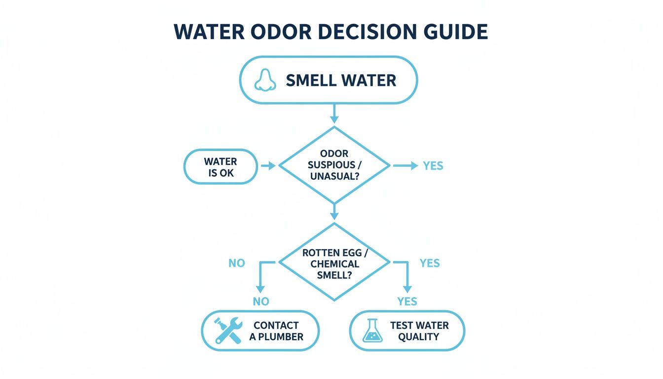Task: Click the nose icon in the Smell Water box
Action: pyautogui.click(x=263, y=80)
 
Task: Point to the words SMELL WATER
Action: pyautogui.click(x=341, y=80)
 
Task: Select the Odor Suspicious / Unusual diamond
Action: pyautogui.click(x=334, y=165)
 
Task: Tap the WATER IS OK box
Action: pyautogui.click(x=221, y=167)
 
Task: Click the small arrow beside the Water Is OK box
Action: pyautogui.click(x=268, y=166)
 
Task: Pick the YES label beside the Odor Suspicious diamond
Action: pyautogui.click(x=433, y=166)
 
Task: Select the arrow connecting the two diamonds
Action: pyautogui.click(x=334, y=212)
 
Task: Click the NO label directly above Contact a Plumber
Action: pyautogui.click(x=260, y=301)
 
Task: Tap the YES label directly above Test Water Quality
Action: pyautogui.click(x=407, y=301)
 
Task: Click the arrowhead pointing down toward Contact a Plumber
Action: pyautogui.click(x=260, y=289)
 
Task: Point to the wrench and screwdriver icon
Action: pyautogui.click(x=228, y=331)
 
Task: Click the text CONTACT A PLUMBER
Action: pyautogui.click(x=276, y=331)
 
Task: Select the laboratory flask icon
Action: pyautogui.click(x=372, y=331)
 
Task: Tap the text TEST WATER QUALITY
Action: pyautogui.click(x=419, y=331)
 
